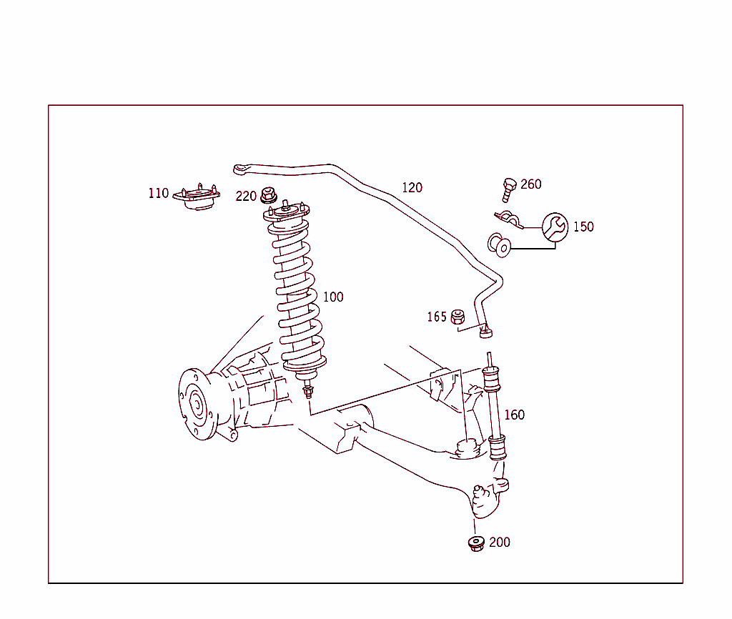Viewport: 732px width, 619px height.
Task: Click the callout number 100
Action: (x=333, y=297)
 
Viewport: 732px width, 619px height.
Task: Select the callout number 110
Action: (x=159, y=193)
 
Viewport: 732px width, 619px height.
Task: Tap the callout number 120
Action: (x=412, y=188)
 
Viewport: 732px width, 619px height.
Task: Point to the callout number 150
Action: (x=583, y=227)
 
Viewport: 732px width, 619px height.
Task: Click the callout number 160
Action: (x=514, y=415)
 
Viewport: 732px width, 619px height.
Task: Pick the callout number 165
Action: (x=436, y=317)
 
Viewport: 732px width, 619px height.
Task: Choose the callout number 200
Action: (x=499, y=543)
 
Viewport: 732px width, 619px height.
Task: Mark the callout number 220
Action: (x=246, y=196)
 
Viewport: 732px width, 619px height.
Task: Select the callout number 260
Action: (x=530, y=184)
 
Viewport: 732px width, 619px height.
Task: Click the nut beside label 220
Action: (x=268, y=194)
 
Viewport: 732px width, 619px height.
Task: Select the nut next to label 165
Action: (x=459, y=316)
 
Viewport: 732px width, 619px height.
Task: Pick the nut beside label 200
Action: (x=476, y=543)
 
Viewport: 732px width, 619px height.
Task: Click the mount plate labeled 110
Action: (x=197, y=199)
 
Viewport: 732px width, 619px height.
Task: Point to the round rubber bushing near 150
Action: (x=500, y=245)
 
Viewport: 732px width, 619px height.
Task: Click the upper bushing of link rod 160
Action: (x=492, y=380)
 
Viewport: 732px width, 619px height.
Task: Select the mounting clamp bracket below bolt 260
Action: (x=508, y=219)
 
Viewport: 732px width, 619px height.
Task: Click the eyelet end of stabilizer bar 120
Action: (x=241, y=169)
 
